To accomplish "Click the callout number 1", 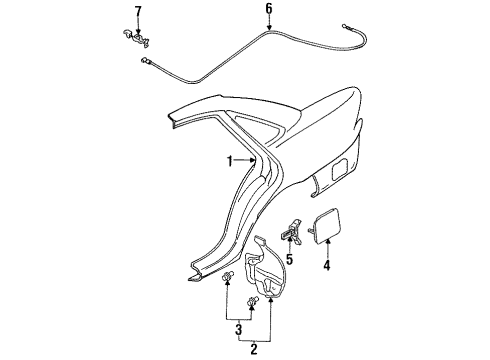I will point(229,159).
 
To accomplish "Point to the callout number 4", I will point(326,266).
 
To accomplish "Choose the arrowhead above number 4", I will point(326,245).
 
